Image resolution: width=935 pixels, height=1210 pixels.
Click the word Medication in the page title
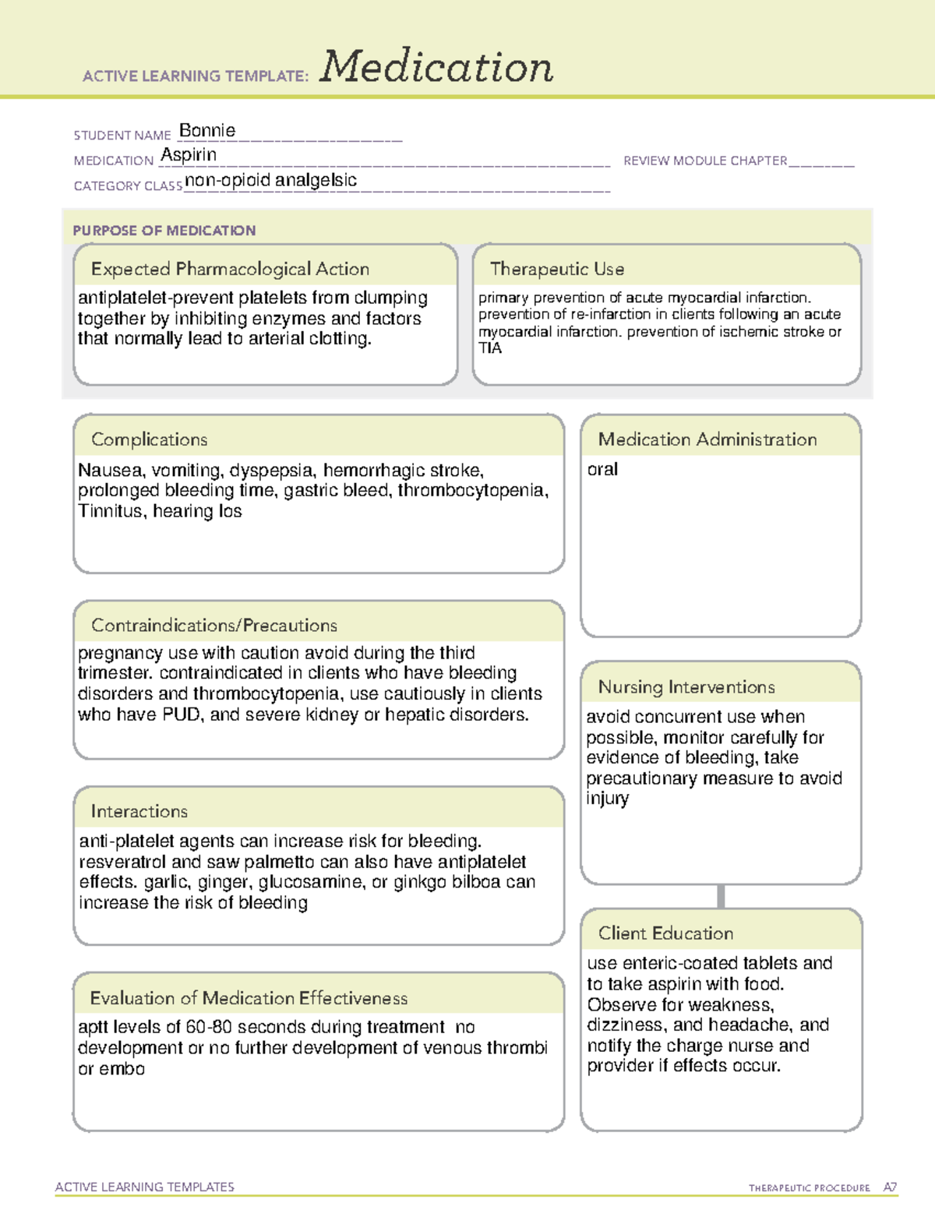tap(436, 67)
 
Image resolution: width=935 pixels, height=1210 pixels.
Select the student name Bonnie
tap(207, 131)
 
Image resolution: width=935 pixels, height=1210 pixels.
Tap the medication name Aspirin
tap(189, 155)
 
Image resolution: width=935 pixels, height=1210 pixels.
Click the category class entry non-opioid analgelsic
tap(270, 180)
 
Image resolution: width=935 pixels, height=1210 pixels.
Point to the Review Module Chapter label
tap(705, 161)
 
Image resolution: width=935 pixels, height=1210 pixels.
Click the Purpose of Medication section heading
tap(164, 231)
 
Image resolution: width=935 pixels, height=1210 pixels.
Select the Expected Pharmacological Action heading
tap(230, 269)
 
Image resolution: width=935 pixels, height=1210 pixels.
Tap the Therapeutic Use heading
tap(557, 269)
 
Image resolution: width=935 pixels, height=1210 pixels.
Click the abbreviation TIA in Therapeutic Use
tap(490, 348)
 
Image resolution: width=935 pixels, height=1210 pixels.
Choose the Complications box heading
tap(150, 439)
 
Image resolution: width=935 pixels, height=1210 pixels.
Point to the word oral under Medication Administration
tap(602, 469)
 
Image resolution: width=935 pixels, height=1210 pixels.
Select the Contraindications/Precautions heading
tap(214, 626)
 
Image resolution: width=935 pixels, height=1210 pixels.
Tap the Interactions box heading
tap(139, 812)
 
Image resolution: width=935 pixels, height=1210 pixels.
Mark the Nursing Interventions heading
tap(686, 687)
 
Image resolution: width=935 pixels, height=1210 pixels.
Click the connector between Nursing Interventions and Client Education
tap(721, 896)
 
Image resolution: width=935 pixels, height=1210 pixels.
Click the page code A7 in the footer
tap(890, 1187)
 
